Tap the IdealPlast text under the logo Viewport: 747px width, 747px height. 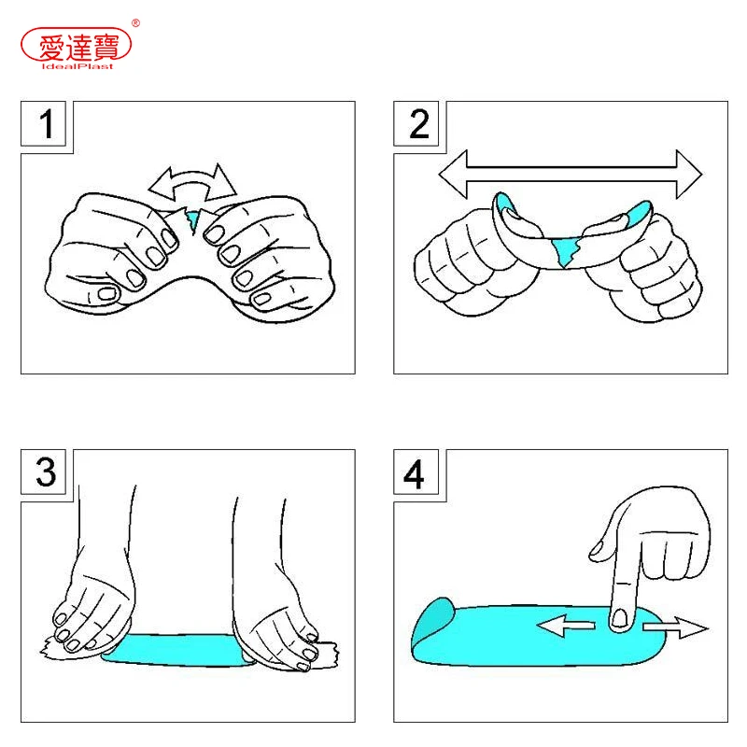click(78, 66)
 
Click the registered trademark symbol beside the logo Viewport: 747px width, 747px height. click(135, 22)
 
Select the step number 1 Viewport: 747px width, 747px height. click(46, 124)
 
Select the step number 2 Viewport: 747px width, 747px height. click(419, 124)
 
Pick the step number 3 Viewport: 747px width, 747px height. click(46, 472)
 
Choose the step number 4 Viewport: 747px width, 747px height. click(414, 474)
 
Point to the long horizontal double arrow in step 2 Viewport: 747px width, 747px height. click(571, 175)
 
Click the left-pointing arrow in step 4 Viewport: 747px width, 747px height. click(566, 625)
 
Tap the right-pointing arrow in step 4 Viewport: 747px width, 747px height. click(675, 627)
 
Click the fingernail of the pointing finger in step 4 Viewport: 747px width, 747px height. click(620, 618)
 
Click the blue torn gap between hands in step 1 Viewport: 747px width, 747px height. click(192, 220)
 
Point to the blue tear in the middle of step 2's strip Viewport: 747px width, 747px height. click(566, 251)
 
